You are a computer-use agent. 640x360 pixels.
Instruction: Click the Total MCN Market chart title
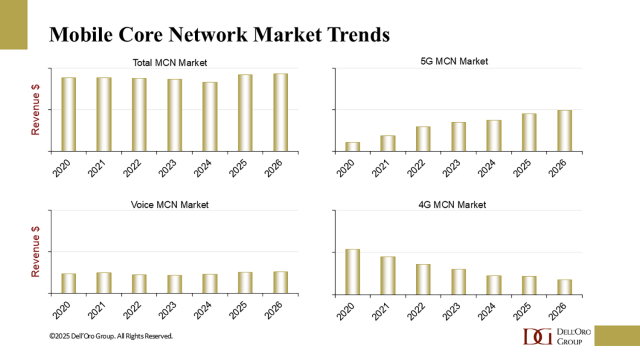pos(170,63)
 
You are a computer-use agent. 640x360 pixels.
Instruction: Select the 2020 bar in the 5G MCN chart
pos(352,147)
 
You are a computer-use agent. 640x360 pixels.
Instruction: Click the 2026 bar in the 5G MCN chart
pos(564,131)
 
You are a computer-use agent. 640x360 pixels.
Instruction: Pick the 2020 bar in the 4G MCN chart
pos(352,271)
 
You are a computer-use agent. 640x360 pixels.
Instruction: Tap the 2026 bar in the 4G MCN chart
pos(564,286)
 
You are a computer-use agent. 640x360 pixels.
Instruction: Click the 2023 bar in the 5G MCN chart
pos(458,137)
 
